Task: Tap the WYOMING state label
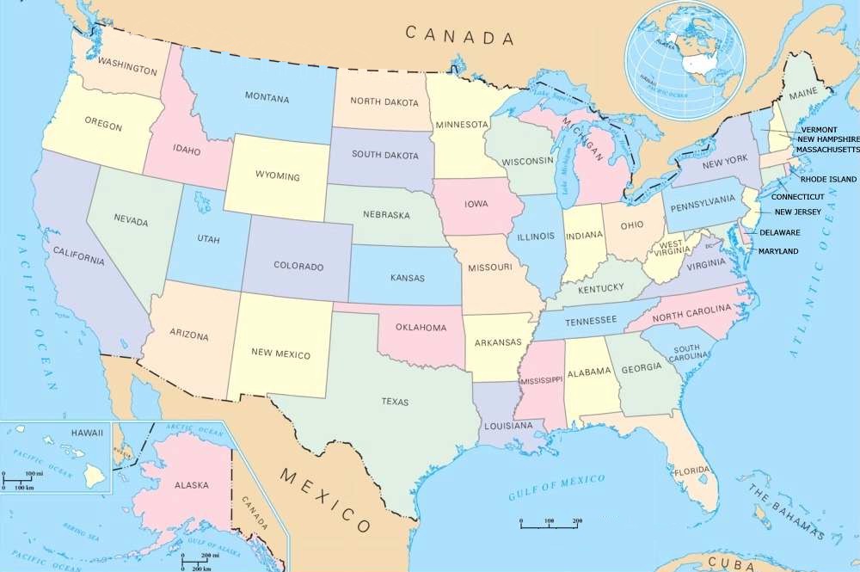(277, 176)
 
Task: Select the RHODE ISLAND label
(828, 179)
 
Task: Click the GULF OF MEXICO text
(556, 486)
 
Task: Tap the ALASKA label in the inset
(191, 486)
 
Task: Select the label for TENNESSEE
(592, 320)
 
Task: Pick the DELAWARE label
(779, 232)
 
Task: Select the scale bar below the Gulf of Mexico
(550, 522)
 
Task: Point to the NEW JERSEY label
(797, 212)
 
